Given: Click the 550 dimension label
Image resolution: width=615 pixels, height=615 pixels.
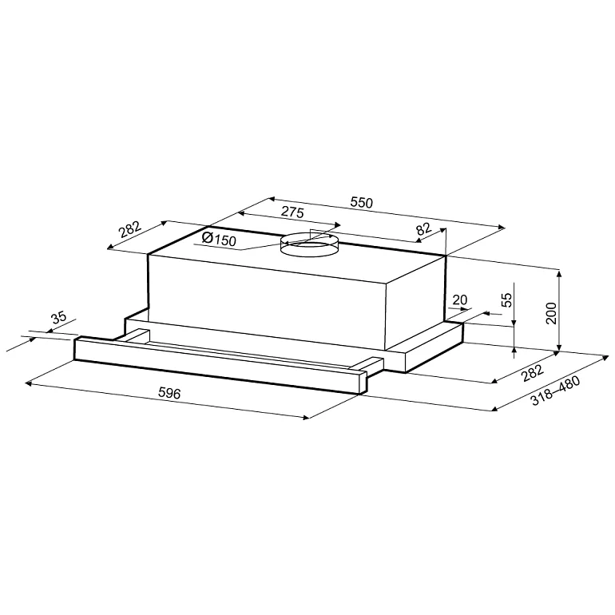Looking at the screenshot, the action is pyautogui.click(x=361, y=202).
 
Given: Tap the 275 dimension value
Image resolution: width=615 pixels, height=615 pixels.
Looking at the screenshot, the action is pyautogui.click(x=293, y=212).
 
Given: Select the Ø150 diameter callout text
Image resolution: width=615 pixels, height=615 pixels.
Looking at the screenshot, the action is pyautogui.click(x=220, y=239).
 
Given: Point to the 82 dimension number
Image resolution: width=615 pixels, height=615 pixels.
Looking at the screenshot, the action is pyautogui.click(x=424, y=228).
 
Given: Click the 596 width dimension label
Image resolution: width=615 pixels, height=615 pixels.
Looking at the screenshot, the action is pyautogui.click(x=169, y=393).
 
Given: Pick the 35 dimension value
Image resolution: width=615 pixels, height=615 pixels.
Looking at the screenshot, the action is pyautogui.click(x=59, y=317).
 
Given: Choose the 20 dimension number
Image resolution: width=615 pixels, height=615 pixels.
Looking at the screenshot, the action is pyautogui.click(x=460, y=300).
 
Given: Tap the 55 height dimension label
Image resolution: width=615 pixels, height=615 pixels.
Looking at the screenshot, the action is pyautogui.click(x=507, y=300).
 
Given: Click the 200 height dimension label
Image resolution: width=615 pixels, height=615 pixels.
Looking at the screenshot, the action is pyautogui.click(x=551, y=313).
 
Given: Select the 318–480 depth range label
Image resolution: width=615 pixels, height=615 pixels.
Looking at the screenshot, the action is pyautogui.click(x=555, y=391).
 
